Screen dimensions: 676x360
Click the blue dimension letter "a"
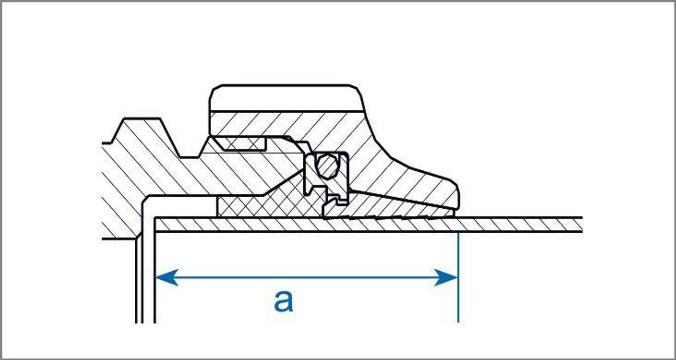click(283, 301)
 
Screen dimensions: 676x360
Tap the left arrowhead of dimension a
click(166, 277)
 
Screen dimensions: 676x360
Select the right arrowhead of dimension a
click(446, 277)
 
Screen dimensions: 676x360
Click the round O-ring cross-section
click(327, 166)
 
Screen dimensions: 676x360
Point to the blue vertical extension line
click(458, 278)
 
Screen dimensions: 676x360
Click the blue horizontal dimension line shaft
click(307, 277)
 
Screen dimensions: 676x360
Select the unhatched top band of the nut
click(286, 99)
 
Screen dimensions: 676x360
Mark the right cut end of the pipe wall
click(581, 225)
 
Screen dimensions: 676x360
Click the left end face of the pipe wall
click(155, 225)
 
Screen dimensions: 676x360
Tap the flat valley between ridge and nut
click(190, 157)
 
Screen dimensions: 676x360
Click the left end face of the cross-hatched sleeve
click(217, 207)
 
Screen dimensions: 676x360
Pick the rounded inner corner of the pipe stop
click(147, 200)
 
